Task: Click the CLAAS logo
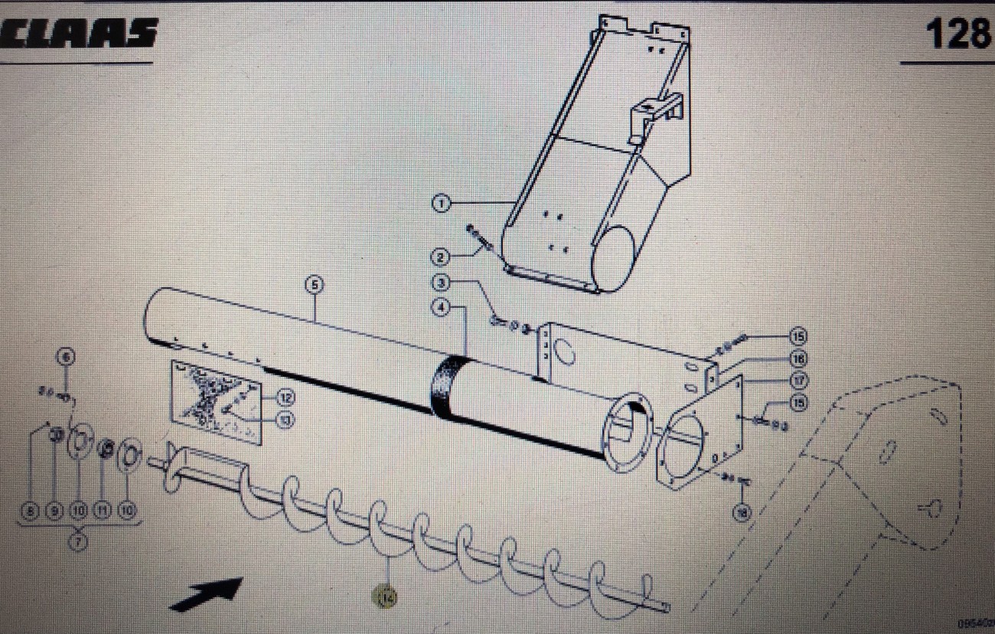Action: tap(80, 33)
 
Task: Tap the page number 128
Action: tap(956, 34)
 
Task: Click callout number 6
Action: tap(66, 356)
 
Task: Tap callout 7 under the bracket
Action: tap(79, 541)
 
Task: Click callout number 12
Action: tap(285, 397)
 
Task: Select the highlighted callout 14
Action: tap(387, 597)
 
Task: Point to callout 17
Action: tap(799, 379)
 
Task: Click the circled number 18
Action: tap(741, 514)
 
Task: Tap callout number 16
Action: tap(799, 358)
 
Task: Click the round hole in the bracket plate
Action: tap(566, 354)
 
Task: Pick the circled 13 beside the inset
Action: tap(285, 420)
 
